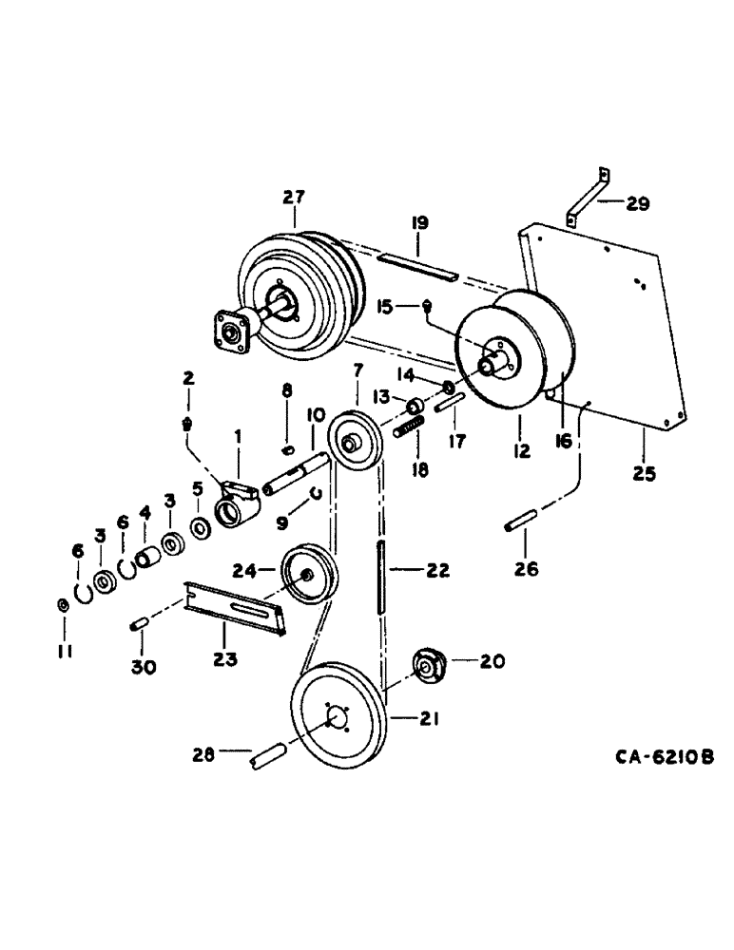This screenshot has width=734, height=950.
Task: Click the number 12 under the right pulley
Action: point(520,454)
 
